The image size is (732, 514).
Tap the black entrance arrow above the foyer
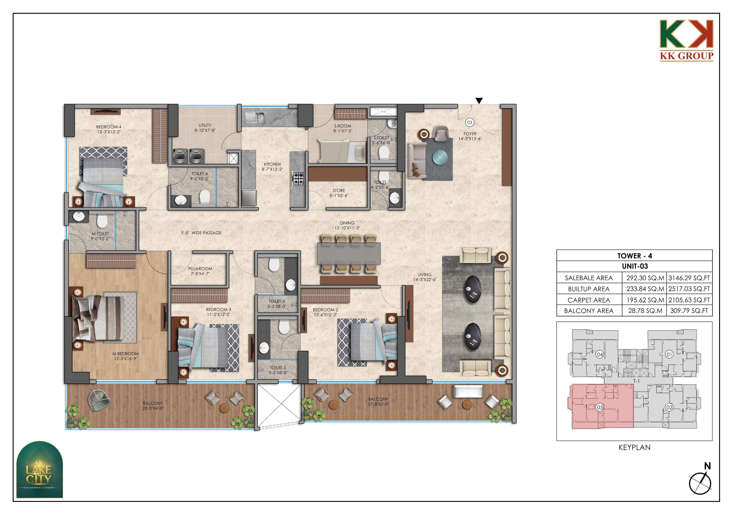click(x=479, y=101)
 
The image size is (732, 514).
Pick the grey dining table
click(x=349, y=253)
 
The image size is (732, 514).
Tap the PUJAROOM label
click(x=200, y=269)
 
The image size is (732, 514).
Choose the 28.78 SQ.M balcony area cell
click(x=645, y=311)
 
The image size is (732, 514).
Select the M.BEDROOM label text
click(x=125, y=354)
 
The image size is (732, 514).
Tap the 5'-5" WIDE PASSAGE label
click(x=201, y=233)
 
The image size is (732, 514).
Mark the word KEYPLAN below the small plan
click(x=634, y=447)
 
